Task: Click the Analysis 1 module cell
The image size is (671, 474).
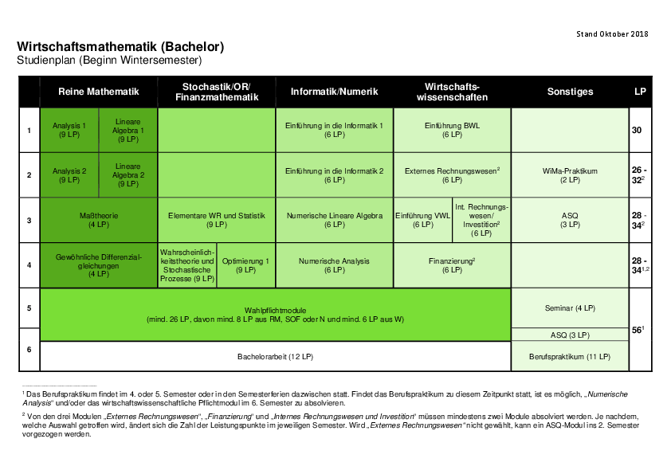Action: coord(69,130)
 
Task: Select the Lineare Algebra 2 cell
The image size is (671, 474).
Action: coord(128,175)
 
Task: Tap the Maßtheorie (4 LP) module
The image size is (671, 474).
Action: coord(99,220)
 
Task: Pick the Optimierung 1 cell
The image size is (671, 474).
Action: coord(245,265)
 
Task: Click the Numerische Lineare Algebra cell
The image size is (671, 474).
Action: coord(334,220)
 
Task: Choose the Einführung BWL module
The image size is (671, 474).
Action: coord(452,130)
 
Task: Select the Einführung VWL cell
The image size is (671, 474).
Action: coord(423,220)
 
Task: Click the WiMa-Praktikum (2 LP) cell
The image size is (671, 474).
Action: coord(570,175)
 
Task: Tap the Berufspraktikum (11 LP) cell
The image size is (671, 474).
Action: coord(570,356)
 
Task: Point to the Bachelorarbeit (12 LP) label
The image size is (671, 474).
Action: coord(275,356)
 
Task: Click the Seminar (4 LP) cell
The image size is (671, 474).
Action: coord(570,308)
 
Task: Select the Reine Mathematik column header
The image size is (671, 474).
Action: coord(99,92)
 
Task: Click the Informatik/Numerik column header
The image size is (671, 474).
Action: coord(334,92)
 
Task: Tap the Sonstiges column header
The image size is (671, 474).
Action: coord(570,92)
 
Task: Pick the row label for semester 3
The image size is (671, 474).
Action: coord(29,221)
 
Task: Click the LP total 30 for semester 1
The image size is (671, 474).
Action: coord(637,130)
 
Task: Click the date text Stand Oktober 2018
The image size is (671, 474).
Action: coord(612,33)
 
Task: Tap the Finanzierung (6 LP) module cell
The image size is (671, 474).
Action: coord(452,265)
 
